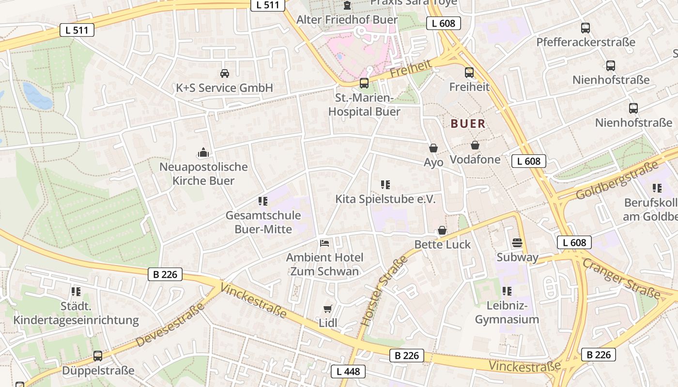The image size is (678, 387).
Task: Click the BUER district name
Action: tap(468, 124)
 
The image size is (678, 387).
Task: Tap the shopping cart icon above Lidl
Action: tap(328, 309)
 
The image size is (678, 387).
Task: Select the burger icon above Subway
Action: tap(517, 243)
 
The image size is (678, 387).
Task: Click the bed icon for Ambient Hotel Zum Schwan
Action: tap(324, 243)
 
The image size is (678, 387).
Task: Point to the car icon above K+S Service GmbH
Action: tap(225, 74)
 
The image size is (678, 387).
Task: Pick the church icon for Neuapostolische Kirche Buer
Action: tap(203, 153)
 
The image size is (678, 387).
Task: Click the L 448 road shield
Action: tap(348, 372)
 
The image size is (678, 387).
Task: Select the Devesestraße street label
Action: tap(169, 325)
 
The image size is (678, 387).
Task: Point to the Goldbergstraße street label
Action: tap(617, 180)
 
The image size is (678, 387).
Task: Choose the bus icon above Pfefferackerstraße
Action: tap(586, 28)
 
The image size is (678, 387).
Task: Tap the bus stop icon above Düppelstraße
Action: tap(98, 356)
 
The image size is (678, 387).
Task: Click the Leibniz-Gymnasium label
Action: tap(507, 313)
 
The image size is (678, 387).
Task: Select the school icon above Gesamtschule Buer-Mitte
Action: tap(263, 201)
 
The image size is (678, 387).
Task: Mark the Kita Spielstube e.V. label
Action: tap(385, 199)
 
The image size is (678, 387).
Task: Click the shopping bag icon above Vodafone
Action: tap(475, 145)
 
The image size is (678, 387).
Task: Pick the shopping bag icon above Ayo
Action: tap(433, 148)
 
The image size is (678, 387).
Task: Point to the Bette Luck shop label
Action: tap(443, 245)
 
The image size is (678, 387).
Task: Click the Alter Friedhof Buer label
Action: tap(347, 20)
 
